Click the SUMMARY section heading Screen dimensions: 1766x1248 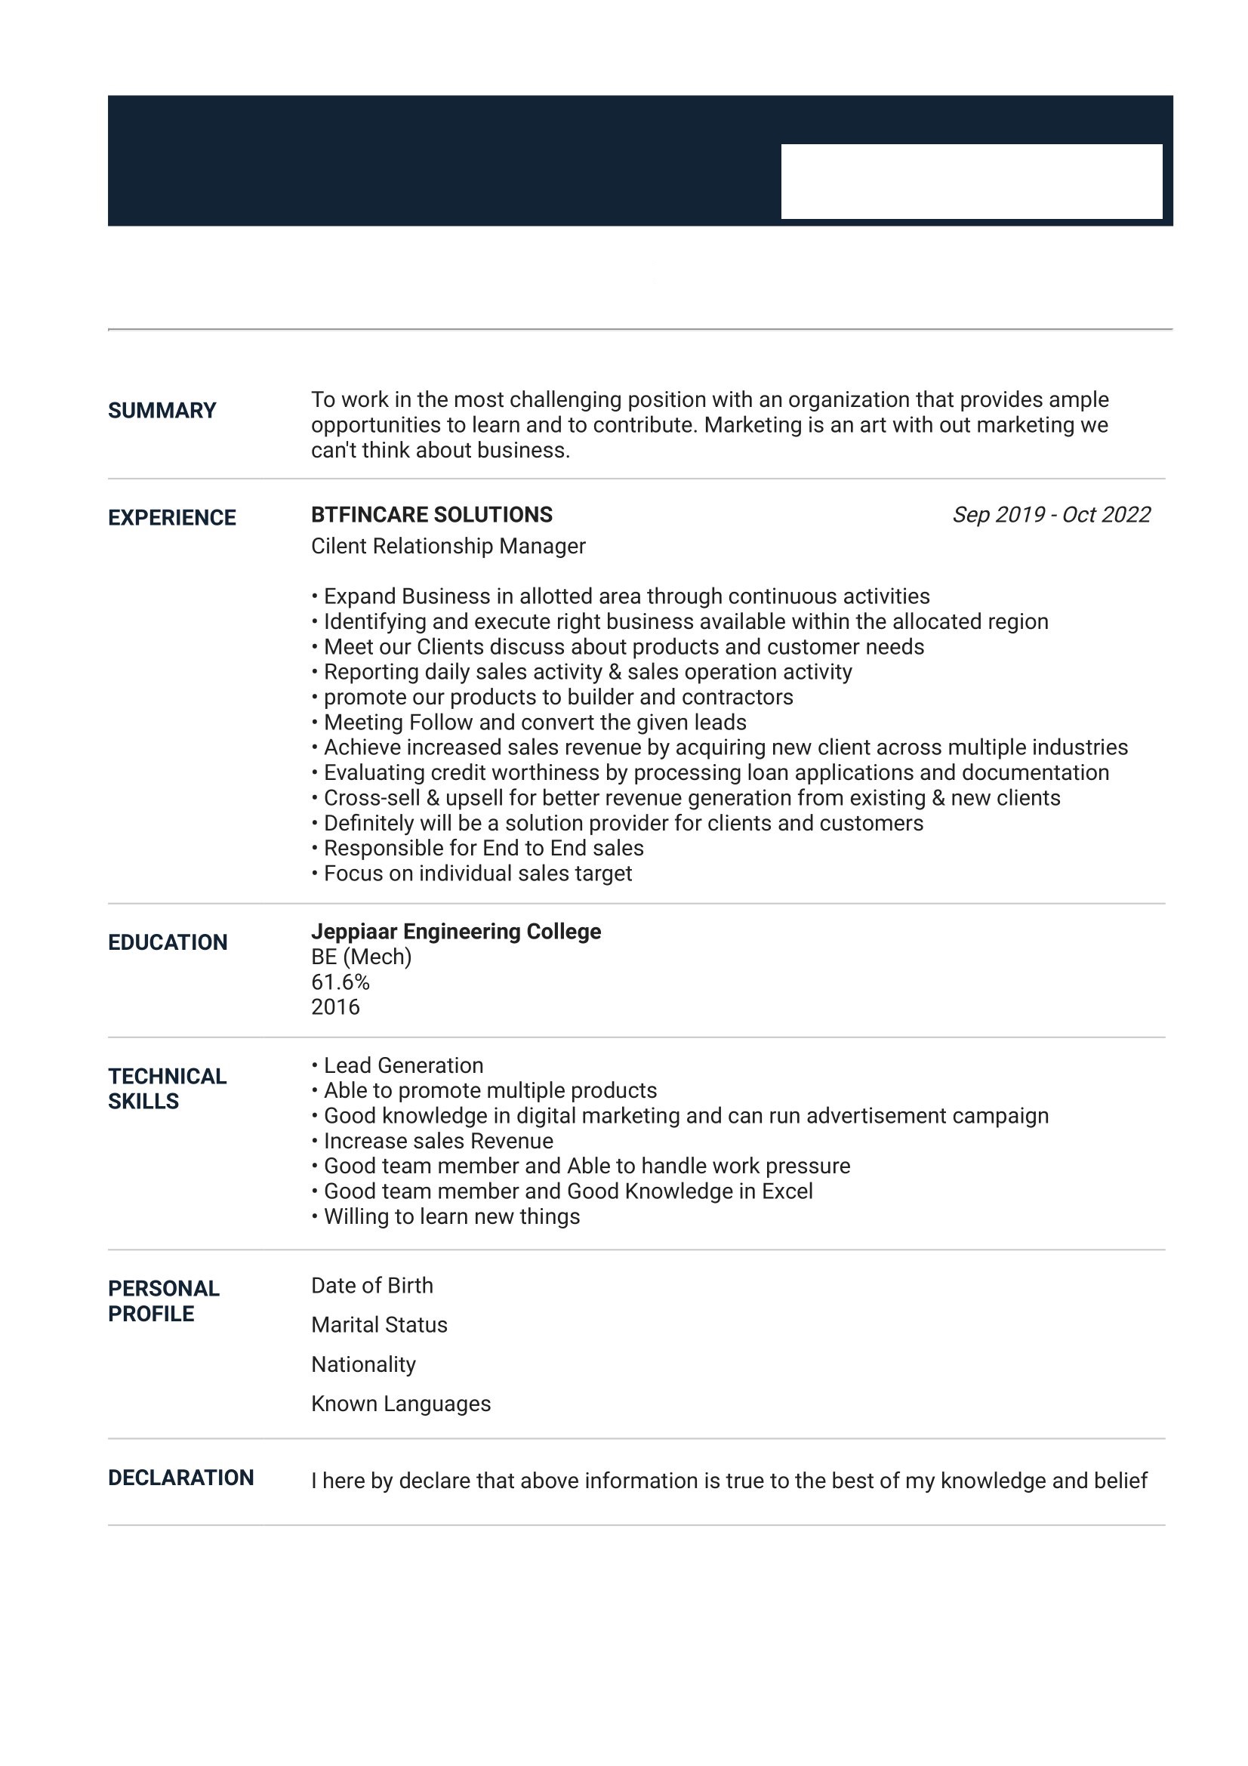coord(162,411)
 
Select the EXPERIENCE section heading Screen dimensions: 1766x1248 coord(171,518)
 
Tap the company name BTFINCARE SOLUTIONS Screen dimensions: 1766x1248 coord(431,515)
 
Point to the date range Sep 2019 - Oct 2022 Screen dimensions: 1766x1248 coord(1050,515)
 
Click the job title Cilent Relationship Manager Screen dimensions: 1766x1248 coord(448,546)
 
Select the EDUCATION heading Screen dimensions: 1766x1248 coord(168,942)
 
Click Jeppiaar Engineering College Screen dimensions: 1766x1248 coord(455,932)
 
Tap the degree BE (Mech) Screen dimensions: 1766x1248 coord(361,957)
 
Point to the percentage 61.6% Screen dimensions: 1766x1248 coord(340,982)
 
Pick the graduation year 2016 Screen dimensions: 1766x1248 coord(335,1007)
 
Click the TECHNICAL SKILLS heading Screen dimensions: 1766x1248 coord(167,1089)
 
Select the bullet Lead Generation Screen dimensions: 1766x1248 coord(403,1065)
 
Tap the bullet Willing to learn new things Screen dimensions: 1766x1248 coord(451,1216)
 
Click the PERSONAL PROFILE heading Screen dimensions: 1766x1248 coord(163,1301)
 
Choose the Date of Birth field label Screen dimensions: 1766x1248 coord(371,1285)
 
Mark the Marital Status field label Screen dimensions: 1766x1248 coord(378,1324)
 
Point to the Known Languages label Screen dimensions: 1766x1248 coord(400,1404)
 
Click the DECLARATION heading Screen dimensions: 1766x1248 coord(180,1478)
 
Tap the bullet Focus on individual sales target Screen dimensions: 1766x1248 coord(476,874)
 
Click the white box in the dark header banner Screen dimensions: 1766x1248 coord(971,181)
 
